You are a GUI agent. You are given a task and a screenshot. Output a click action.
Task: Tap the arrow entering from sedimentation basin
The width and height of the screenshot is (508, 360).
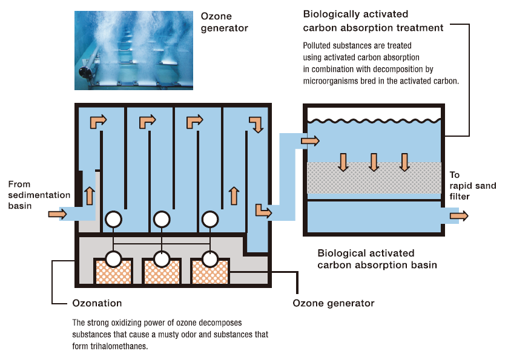pyautogui.click(x=58, y=214)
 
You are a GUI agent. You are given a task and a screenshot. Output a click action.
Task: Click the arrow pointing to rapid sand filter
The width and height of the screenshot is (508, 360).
pyautogui.click(x=458, y=216)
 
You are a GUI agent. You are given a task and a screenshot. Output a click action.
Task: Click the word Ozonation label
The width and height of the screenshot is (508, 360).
pyautogui.click(x=97, y=303)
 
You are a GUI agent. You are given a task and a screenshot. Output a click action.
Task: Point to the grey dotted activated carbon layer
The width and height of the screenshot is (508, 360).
pyautogui.click(x=374, y=178)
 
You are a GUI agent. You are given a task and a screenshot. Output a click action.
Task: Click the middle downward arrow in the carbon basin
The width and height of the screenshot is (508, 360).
pyautogui.click(x=374, y=162)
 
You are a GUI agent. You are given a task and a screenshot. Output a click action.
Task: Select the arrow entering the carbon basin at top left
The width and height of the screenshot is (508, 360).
pyautogui.click(x=311, y=141)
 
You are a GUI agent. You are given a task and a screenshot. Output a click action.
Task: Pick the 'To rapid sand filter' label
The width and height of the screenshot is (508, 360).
pyautogui.click(x=472, y=186)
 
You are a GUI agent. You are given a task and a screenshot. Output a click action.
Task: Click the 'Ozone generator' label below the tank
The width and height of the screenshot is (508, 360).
pyautogui.click(x=333, y=303)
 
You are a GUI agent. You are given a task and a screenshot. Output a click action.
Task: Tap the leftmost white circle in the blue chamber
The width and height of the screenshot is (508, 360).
pyautogui.click(x=113, y=219)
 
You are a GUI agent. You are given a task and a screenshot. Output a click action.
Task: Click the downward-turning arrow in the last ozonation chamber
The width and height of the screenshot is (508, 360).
pyautogui.click(x=257, y=123)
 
